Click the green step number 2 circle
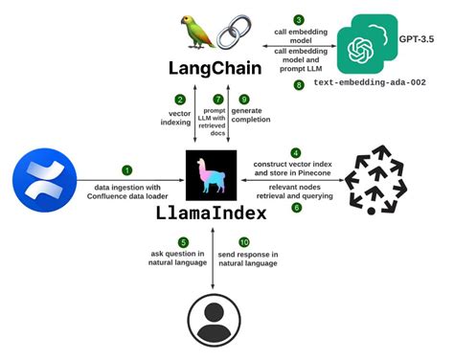coord(179,99)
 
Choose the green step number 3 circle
coord(298,18)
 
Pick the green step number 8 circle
coord(298,85)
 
